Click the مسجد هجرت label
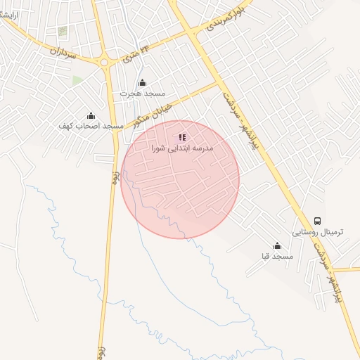point(142,94)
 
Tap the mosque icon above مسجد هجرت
point(143,83)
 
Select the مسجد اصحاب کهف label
point(91,126)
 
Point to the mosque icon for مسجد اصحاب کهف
point(91,116)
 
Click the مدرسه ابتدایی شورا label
point(182,149)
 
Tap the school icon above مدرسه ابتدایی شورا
point(182,138)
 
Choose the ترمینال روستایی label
point(316,231)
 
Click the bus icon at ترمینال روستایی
point(317,221)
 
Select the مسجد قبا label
point(277,257)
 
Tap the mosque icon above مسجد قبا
point(277,246)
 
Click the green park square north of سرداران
point(63,32)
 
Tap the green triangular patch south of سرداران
point(77,80)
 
